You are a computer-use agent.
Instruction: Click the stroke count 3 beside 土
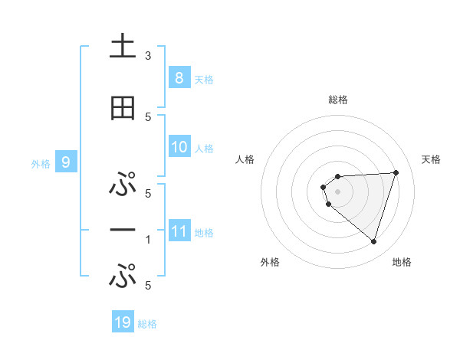(148, 56)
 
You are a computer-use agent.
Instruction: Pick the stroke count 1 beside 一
(148, 240)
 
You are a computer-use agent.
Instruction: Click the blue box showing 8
(179, 77)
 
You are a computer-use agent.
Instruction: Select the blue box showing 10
(179, 147)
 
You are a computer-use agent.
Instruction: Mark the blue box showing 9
(67, 162)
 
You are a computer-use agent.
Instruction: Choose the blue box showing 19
(123, 322)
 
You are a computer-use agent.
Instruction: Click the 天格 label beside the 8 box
(204, 79)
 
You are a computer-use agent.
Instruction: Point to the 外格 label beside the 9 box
(40, 163)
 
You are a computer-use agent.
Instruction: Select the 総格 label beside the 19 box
(147, 324)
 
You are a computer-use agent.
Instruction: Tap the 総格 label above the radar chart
(337, 100)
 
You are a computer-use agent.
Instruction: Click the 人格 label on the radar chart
(245, 159)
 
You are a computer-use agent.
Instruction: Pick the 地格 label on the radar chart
(402, 262)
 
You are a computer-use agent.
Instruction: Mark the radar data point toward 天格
(396, 172)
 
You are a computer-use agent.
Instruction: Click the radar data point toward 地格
(373, 241)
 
